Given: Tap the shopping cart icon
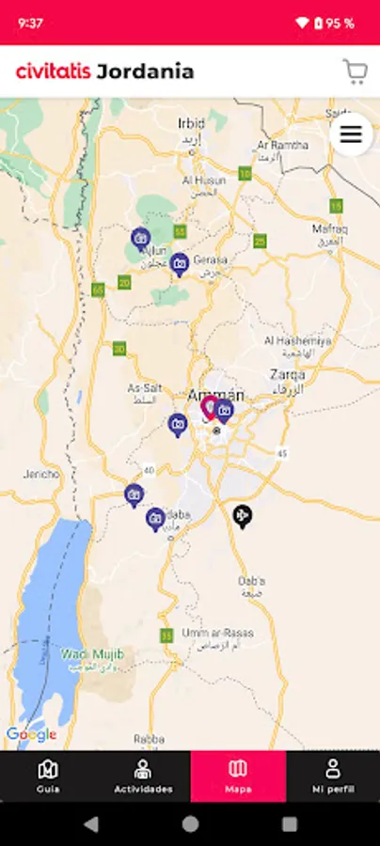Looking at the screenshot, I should click(x=355, y=71).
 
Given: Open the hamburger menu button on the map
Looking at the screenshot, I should click(x=351, y=134).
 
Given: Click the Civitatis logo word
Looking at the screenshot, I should click(x=53, y=71).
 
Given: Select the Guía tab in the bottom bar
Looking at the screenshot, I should click(x=48, y=775).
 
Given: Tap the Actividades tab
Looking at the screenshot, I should click(x=143, y=775).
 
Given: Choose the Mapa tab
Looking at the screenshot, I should click(x=238, y=775).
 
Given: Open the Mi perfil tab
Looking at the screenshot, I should click(x=333, y=775).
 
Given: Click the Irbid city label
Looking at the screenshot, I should click(x=191, y=123).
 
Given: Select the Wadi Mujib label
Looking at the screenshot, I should click(x=92, y=654).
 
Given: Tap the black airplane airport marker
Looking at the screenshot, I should click(x=243, y=515).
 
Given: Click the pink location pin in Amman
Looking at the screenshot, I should click(x=210, y=407).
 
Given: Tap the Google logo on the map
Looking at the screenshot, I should click(x=31, y=734).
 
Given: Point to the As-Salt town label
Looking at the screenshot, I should click(x=144, y=387).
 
